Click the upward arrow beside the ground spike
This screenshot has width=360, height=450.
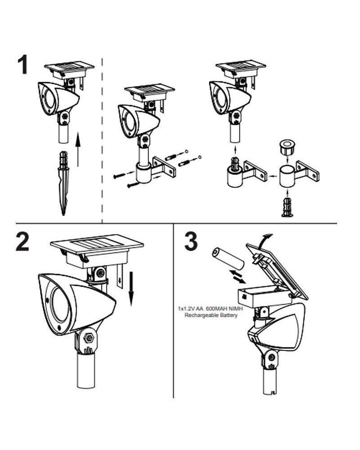point(79,149)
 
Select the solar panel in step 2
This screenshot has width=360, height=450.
point(97,245)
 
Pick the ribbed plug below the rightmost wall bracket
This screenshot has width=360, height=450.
point(287,207)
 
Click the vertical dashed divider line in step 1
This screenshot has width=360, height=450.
point(103,135)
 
